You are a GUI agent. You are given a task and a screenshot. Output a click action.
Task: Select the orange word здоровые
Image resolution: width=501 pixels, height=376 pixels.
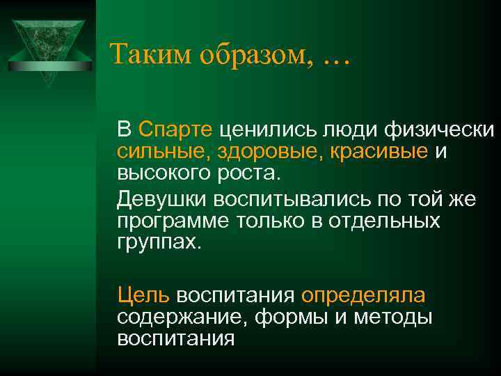(x=251, y=150)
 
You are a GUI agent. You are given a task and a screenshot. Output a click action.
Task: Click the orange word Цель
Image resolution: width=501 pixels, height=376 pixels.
(x=143, y=295)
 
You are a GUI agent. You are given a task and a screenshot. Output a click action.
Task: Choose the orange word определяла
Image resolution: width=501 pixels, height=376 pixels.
(x=363, y=295)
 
